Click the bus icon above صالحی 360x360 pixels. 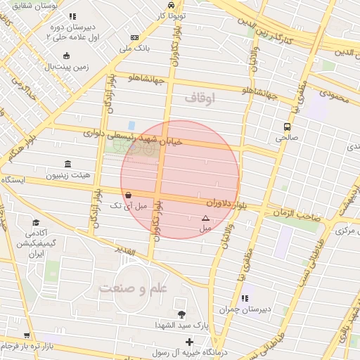[287, 127]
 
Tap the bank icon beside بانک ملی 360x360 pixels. [135, 38]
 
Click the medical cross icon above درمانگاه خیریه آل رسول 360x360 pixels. [188, 342]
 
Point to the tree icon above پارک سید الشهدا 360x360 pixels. [182, 314]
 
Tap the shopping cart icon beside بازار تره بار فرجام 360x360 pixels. [27, 336]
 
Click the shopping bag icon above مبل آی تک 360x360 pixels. [127, 195]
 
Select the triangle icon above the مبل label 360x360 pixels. [205, 219]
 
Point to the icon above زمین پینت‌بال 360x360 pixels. [66, 56]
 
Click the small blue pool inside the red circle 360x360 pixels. [131, 124]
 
